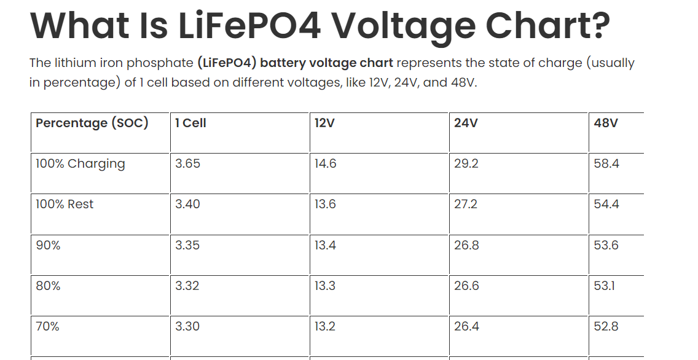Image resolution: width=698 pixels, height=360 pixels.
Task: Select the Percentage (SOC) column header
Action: click(x=92, y=123)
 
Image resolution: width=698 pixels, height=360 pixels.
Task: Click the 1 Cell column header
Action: click(x=190, y=123)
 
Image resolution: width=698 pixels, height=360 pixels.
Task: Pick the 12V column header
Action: click(x=324, y=123)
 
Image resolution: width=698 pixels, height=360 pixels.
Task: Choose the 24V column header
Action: click(x=466, y=123)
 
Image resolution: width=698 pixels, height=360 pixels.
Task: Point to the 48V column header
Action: click(x=606, y=123)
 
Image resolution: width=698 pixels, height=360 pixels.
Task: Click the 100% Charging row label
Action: click(x=80, y=164)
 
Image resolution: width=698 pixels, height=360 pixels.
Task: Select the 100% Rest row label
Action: click(x=65, y=205)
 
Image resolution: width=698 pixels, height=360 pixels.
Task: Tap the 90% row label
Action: click(x=48, y=245)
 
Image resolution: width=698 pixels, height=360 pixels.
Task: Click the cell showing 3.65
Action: click(x=187, y=164)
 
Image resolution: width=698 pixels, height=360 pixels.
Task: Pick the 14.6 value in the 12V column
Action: click(x=325, y=164)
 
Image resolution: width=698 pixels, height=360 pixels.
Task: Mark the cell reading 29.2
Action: click(x=466, y=164)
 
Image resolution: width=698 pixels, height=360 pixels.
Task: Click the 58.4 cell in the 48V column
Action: click(x=606, y=164)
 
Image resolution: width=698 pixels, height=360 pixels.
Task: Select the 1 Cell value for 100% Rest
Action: click(x=187, y=205)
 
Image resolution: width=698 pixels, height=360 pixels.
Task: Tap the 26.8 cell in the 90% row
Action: click(x=466, y=245)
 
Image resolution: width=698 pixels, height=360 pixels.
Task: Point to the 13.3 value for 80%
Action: click(x=325, y=286)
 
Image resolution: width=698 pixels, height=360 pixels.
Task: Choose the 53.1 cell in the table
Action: click(x=605, y=286)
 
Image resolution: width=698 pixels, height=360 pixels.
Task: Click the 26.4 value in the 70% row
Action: click(x=466, y=326)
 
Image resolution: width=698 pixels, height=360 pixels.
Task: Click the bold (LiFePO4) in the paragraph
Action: click(x=227, y=63)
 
